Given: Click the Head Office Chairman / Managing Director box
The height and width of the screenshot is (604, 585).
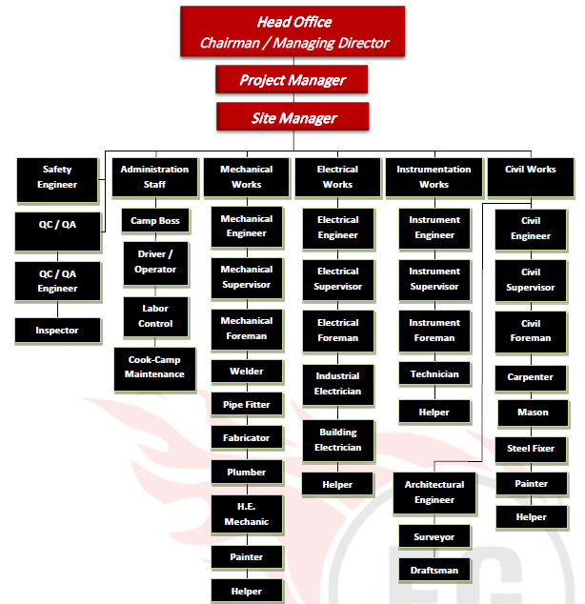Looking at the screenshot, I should tap(292, 31).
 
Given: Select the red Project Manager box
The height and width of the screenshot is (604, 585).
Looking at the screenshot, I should tap(292, 80).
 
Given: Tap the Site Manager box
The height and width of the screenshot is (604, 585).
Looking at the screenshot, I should tap(292, 118).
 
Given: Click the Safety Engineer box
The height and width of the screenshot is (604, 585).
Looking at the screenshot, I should tap(57, 177).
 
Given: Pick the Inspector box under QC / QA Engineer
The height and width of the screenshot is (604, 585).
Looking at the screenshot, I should tap(57, 331).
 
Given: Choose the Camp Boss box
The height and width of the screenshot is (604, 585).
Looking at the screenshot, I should tap(154, 221).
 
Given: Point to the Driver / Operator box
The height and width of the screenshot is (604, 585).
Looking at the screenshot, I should tap(154, 262).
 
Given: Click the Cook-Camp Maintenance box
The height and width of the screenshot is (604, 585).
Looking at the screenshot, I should tap(154, 367).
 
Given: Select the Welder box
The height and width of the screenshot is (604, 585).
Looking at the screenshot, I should tap(246, 372).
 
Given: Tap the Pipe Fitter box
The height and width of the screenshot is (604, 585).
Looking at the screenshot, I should tap(246, 405).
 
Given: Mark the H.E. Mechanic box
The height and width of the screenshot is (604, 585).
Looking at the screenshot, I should tap(246, 514).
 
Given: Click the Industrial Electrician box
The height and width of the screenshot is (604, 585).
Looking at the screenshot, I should tap(337, 383).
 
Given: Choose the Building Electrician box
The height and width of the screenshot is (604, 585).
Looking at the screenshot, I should tap(337, 439).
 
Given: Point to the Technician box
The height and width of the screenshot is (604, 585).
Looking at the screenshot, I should tap(434, 374).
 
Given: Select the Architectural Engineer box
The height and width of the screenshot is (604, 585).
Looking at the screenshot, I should tap(434, 492).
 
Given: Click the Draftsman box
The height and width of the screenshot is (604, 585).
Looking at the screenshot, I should tap(434, 571).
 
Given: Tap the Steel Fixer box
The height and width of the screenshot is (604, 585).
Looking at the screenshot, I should tap(532, 448).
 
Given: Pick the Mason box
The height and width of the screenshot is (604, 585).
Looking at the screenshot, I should tap(533, 413).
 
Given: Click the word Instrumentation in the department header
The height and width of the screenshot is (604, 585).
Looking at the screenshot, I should tap(434, 170).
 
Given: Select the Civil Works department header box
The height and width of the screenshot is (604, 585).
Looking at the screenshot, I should tap(531, 177).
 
